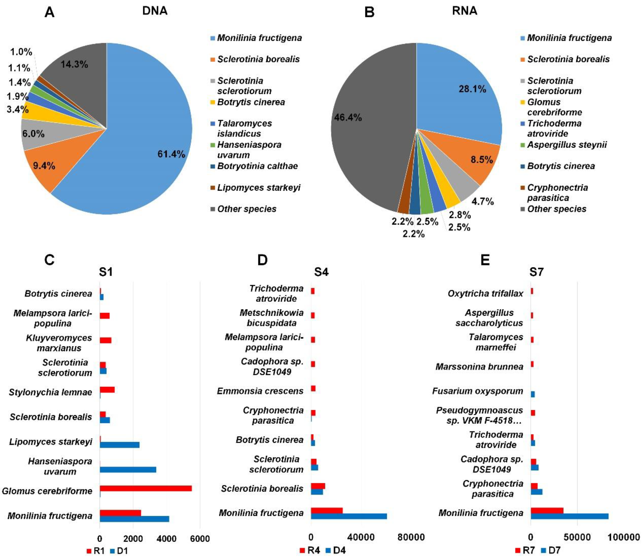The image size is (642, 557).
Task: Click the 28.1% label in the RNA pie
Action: (472, 89)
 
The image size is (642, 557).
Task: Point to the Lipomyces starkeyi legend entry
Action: (258, 188)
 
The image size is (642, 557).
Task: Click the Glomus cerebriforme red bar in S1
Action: (146, 488)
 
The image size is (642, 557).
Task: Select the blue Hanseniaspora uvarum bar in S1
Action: (128, 470)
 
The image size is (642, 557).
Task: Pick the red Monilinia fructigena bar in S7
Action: (547, 510)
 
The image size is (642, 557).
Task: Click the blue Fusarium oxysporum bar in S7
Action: (533, 394)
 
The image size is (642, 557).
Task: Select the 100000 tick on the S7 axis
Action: (624, 537)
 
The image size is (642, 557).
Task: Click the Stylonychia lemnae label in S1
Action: (50, 392)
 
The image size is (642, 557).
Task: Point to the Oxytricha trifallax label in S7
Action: (485, 293)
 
